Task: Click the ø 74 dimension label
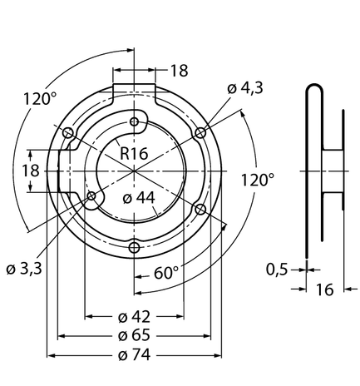(134, 355)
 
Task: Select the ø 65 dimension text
(134, 335)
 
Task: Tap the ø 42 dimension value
(134, 317)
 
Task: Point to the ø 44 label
(139, 198)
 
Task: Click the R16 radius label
(134, 153)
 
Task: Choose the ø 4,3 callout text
(245, 88)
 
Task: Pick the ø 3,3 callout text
(24, 269)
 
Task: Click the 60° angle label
(165, 273)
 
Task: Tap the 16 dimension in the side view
(324, 289)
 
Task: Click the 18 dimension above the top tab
(179, 71)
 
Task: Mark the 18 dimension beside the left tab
(31, 171)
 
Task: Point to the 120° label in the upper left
(40, 99)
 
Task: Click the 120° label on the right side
(258, 180)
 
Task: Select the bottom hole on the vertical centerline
(135, 247)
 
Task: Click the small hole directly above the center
(135, 121)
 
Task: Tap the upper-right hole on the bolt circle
(200, 133)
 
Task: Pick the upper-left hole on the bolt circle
(68, 133)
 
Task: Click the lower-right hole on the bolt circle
(200, 210)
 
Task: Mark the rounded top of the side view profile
(314, 84)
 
